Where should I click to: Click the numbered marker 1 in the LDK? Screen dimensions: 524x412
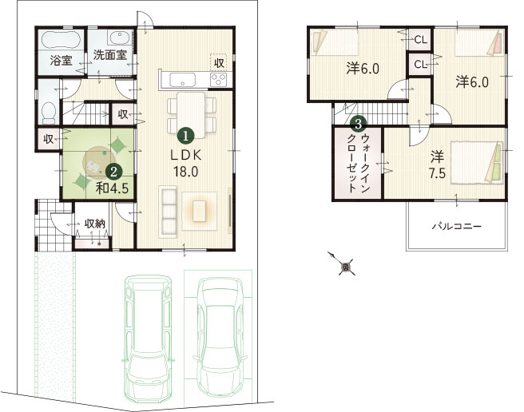[x=185, y=135]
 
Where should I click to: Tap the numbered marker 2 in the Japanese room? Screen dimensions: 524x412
[x=113, y=172]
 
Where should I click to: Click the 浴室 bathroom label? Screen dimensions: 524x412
[x=62, y=61]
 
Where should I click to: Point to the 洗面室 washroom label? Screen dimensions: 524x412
[x=110, y=55]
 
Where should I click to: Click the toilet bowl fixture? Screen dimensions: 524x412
[x=50, y=112]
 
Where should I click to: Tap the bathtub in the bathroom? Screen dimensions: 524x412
[x=62, y=40]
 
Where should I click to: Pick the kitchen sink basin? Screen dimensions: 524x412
[x=182, y=80]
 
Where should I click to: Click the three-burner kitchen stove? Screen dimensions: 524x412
[x=218, y=80]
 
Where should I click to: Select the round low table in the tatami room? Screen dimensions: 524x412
[x=98, y=161]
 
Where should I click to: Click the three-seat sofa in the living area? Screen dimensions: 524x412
[x=168, y=212]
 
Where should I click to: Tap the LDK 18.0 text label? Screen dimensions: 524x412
[x=185, y=164]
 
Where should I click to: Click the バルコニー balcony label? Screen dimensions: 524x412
[x=456, y=227]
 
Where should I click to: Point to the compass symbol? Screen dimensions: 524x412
[x=345, y=266]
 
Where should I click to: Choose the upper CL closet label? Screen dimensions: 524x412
[x=420, y=40]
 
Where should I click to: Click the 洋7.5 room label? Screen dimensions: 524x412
[x=437, y=165]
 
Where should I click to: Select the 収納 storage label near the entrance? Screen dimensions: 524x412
[x=94, y=224]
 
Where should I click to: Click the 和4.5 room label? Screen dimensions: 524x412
[x=112, y=188]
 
